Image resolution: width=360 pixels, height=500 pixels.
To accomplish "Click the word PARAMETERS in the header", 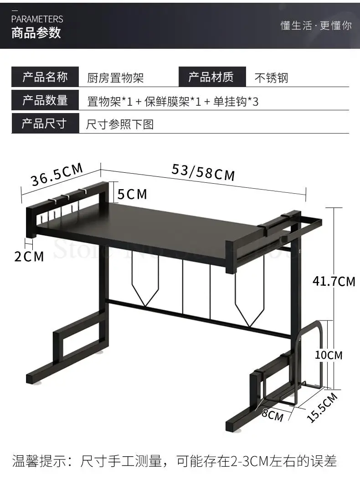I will click(x=37, y=19).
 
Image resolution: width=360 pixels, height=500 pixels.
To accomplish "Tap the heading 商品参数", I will click(x=36, y=33).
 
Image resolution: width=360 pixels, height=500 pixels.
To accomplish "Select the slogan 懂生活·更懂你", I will click(x=316, y=26).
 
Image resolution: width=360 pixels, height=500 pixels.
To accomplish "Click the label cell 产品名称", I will click(x=45, y=77).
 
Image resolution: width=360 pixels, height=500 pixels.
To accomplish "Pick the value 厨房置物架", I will click(x=115, y=78).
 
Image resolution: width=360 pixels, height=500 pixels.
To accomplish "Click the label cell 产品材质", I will click(x=211, y=77).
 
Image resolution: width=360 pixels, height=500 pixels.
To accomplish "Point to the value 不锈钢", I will click(x=271, y=78).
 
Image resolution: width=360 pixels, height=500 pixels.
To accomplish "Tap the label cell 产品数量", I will click(x=45, y=100).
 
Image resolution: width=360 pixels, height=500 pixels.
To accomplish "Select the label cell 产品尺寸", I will click(x=45, y=124).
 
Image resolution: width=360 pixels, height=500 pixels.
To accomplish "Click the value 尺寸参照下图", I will click(x=120, y=124).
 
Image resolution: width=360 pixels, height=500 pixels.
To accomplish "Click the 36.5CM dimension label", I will click(x=57, y=174).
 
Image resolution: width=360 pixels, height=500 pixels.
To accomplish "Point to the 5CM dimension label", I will click(x=132, y=195).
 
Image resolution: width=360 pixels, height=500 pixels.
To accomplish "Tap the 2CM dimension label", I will click(x=29, y=257).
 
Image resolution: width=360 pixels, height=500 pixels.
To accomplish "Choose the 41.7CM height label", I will click(x=334, y=281).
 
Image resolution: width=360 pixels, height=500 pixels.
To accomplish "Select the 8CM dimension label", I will click(x=273, y=415).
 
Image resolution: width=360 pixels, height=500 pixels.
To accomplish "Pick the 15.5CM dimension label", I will click(x=322, y=407).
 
